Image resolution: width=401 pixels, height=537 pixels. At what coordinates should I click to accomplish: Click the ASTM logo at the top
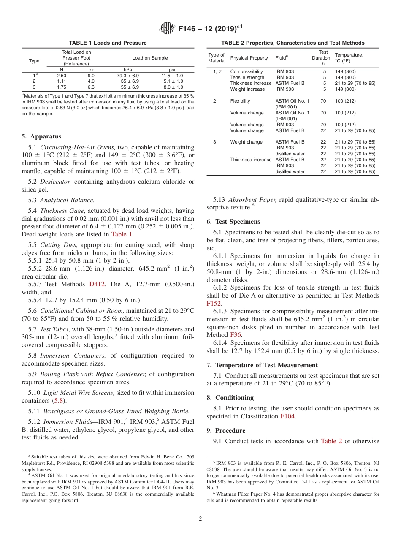168,29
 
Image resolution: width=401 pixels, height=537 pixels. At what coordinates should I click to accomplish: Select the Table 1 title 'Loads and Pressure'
108,43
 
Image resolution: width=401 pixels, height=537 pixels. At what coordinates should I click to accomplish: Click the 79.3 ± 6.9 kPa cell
127,76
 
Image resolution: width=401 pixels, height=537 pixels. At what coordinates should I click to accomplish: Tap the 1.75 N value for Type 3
61,87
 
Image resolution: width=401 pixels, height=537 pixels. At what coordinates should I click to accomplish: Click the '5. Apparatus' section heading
41,136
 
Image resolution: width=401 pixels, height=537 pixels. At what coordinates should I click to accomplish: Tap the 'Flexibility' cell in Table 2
240,101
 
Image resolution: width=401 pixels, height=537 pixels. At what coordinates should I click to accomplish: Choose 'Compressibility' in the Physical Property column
247,72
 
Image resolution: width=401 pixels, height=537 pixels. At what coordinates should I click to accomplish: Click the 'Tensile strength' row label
247,78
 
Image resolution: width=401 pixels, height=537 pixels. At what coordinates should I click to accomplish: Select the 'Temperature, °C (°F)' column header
349,58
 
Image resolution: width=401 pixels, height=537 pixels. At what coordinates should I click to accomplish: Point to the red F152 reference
214,303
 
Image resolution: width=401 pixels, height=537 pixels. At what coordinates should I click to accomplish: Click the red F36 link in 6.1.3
236,335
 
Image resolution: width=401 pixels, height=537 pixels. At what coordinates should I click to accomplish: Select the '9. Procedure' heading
226,431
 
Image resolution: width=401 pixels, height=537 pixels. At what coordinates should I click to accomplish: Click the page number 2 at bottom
200,519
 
